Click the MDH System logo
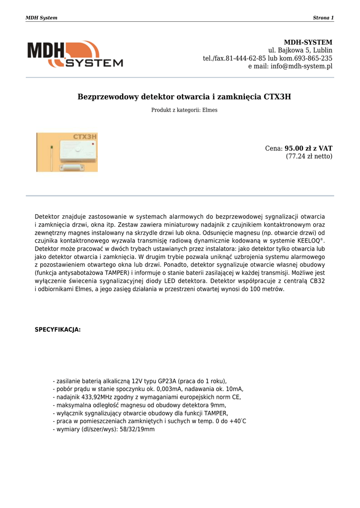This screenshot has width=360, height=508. click(75, 54)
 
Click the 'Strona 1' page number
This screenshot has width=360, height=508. click(323, 18)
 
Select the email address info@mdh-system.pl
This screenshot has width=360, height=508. click(301, 66)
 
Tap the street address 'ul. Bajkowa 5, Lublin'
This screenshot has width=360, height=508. click(300, 50)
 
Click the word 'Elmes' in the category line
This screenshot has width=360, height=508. click(210, 110)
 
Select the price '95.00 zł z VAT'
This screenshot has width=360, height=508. click(308, 148)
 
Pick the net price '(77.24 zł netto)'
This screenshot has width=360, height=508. click(309, 156)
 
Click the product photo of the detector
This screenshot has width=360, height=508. click(67, 152)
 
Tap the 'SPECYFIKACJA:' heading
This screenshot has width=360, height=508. click(58, 329)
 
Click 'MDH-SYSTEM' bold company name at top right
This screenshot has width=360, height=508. click(308, 42)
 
